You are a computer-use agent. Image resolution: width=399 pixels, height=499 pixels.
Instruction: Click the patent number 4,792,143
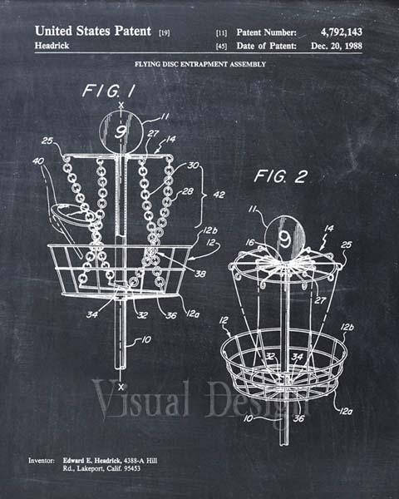pyautogui.click(x=341, y=32)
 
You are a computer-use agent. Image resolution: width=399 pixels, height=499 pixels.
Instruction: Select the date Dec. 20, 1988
pyautogui.click(x=337, y=46)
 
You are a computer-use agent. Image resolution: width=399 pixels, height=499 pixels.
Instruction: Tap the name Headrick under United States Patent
pyautogui.click(x=52, y=46)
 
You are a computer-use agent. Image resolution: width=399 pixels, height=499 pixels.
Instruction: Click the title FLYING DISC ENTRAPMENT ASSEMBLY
pyautogui.click(x=200, y=64)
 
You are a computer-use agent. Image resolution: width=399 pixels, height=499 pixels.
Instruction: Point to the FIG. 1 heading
pyautogui.click(x=109, y=91)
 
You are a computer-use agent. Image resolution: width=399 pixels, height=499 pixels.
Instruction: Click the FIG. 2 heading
pyautogui.click(x=281, y=176)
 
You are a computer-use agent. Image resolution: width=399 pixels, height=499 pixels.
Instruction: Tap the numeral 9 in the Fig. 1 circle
pyautogui.click(x=121, y=132)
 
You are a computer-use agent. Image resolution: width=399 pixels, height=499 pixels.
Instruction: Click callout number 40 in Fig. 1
pyautogui.click(x=38, y=161)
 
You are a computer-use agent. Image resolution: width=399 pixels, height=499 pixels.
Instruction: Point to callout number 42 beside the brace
pyautogui.click(x=219, y=195)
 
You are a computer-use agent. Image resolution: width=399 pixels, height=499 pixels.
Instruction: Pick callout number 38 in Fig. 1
pyautogui.click(x=200, y=274)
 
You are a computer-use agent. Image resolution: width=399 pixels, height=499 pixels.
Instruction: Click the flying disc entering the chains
pyautogui.click(x=71, y=215)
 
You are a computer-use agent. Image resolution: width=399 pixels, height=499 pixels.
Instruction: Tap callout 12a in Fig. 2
pyautogui.click(x=346, y=412)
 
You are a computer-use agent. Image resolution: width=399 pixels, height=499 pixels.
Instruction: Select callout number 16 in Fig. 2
pyautogui.click(x=250, y=243)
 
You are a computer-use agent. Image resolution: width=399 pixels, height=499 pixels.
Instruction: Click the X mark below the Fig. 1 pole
pyautogui.click(x=121, y=387)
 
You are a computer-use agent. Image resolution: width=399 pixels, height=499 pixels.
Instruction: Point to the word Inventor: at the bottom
pyautogui.click(x=42, y=461)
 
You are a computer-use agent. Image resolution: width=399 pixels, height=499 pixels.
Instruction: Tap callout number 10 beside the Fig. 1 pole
pyautogui.click(x=146, y=340)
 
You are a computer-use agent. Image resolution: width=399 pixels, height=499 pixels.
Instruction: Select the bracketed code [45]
pyautogui.click(x=221, y=47)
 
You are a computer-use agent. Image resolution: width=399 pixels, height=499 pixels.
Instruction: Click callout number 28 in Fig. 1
pyautogui.click(x=187, y=191)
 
